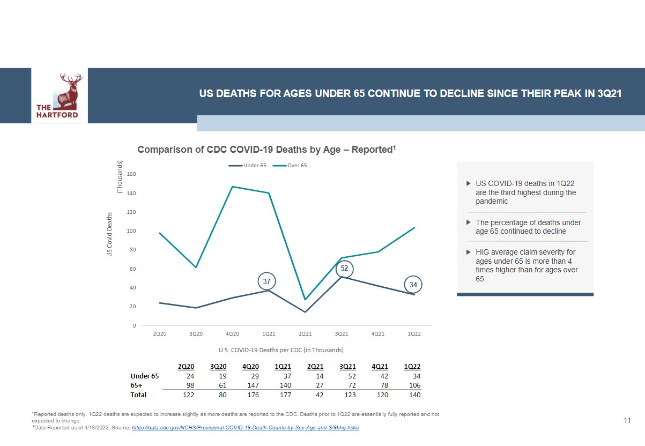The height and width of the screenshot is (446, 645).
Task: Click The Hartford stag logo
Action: click(60, 95)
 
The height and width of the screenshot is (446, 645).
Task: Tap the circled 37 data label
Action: click(266, 281)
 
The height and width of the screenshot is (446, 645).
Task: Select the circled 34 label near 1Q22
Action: click(413, 284)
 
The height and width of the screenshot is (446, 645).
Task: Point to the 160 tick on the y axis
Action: click(132, 174)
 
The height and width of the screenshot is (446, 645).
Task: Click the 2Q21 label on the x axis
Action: click(305, 334)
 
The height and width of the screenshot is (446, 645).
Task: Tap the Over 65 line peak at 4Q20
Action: click(232, 187)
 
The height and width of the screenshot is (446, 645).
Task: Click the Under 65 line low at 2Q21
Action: click(305, 312)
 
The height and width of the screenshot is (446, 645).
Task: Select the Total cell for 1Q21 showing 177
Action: click(283, 395)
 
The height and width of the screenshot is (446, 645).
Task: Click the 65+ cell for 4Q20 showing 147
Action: click(250, 385)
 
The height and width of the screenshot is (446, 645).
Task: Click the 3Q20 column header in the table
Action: click(218, 367)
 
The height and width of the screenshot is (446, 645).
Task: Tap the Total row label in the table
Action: click(138, 395)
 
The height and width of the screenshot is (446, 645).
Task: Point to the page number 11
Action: click(627, 421)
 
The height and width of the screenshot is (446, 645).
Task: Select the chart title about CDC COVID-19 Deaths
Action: click(266, 150)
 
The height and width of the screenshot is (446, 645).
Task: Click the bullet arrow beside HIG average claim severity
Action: click(468, 251)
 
